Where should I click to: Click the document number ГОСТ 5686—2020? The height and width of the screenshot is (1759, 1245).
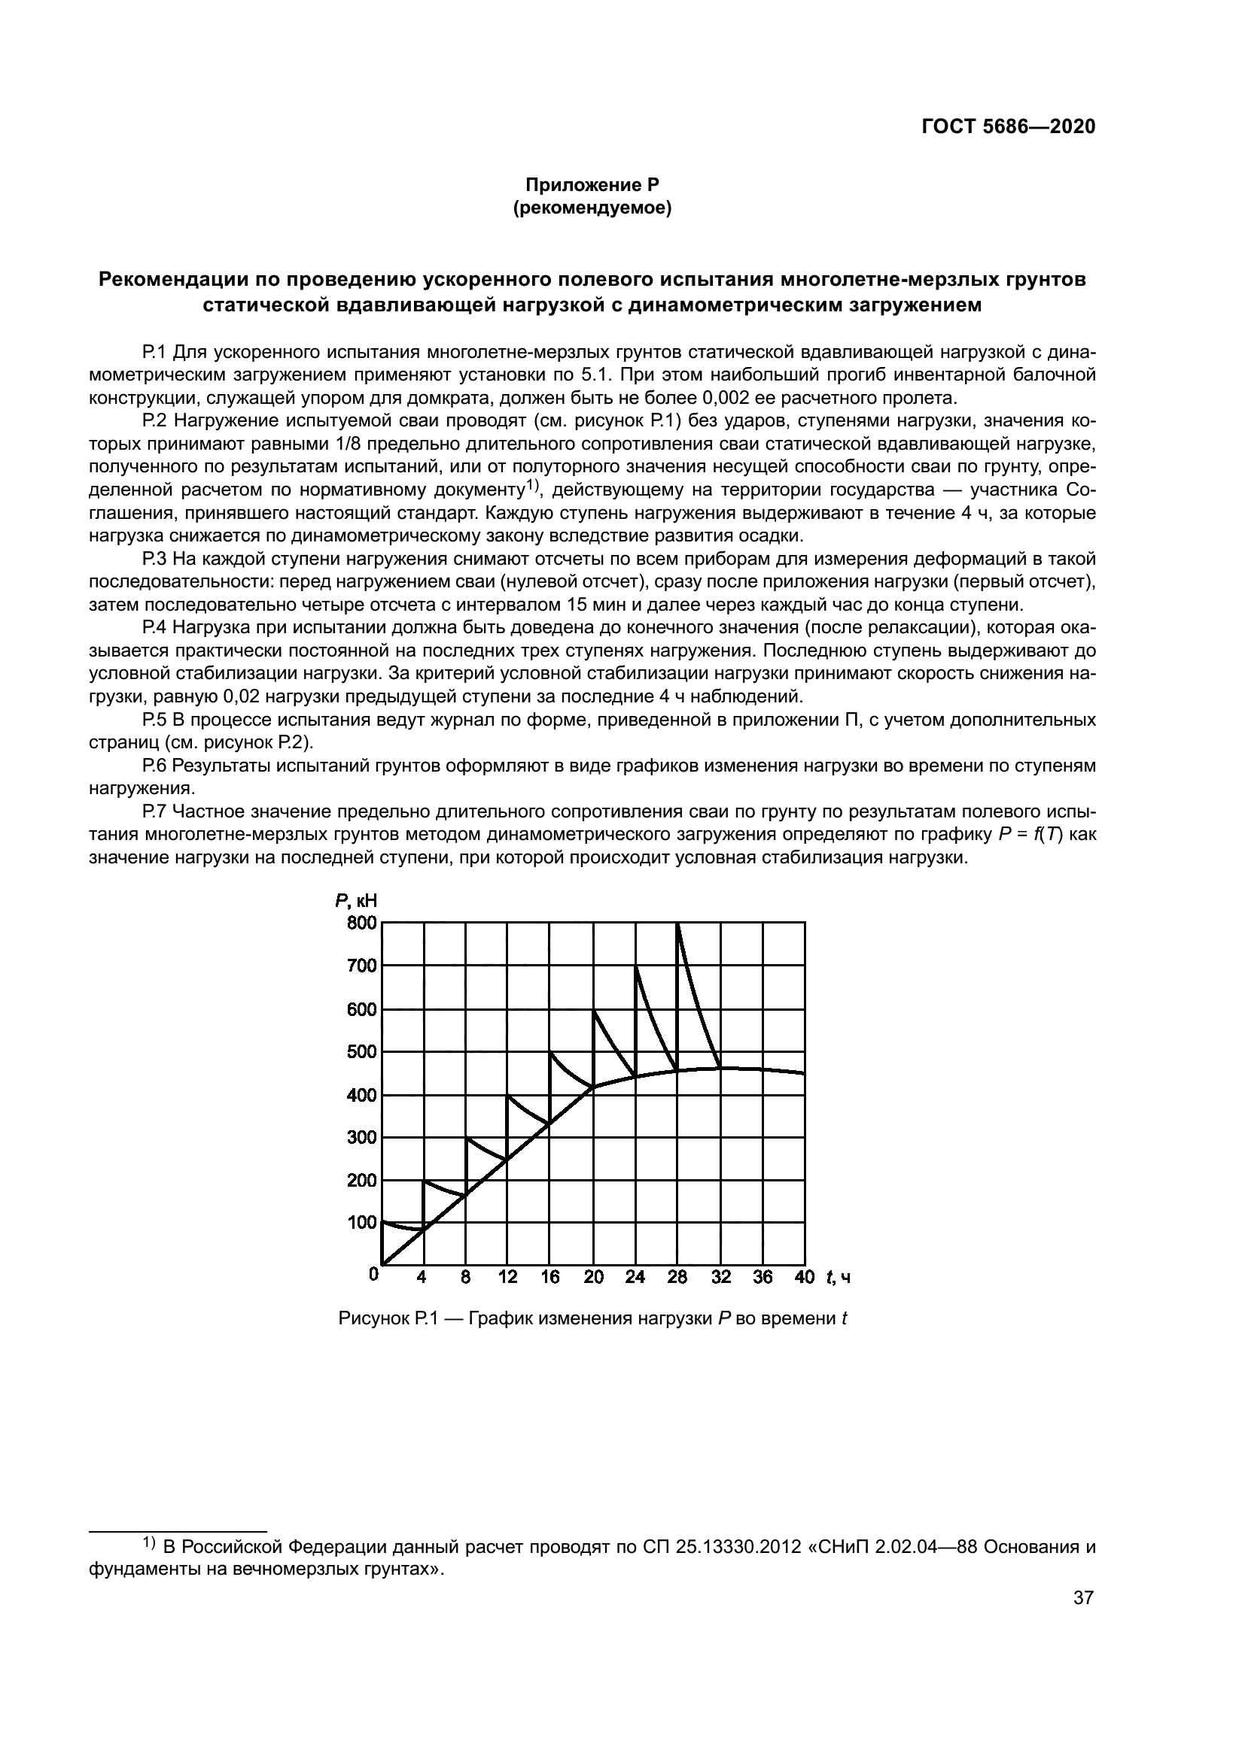point(1008,126)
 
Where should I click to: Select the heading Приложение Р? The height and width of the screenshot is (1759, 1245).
point(592,185)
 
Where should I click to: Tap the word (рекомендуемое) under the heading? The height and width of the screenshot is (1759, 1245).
point(592,208)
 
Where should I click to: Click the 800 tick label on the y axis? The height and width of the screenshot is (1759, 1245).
point(362,923)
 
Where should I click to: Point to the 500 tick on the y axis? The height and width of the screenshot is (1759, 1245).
point(362,1052)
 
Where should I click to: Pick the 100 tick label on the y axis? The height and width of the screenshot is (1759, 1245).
point(362,1223)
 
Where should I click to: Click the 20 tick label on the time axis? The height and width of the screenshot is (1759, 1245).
point(593,1277)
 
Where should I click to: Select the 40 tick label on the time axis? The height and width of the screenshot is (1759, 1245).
point(804,1277)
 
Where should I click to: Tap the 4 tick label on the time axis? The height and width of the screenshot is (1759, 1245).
point(422,1277)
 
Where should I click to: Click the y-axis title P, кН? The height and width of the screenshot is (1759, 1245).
point(357,901)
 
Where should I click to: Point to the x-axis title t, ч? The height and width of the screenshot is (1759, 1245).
point(839,1277)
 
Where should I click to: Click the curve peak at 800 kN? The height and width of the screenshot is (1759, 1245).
point(677,924)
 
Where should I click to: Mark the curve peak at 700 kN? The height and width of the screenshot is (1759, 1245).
point(635,967)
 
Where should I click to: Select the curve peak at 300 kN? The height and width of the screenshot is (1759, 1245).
point(467,1138)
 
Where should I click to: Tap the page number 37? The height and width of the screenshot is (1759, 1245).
point(1083,1598)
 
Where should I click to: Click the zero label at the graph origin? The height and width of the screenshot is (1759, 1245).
point(373,1274)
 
